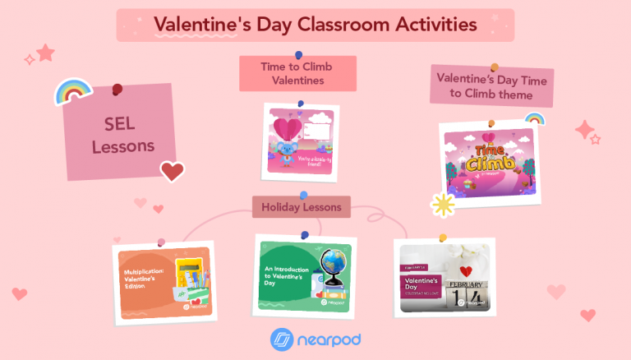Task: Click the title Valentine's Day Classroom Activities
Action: pyautogui.click(x=315, y=25)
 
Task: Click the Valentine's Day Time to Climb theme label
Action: pyautogui.click(x=491, y=87)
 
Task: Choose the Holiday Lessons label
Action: pyautogui.click(x=302, y=207)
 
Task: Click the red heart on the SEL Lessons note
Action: pyautogui.click(x=172, y=171)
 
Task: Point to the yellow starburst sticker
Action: pyautogui.click(x=445, y=204)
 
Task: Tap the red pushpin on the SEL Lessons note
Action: pyautogui.click(x=117, y=89)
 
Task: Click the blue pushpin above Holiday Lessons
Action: pyautogui.click(x=304, y=196)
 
